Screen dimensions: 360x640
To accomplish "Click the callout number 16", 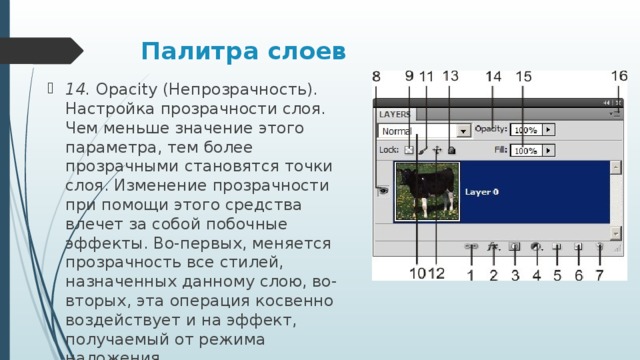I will (619, 77).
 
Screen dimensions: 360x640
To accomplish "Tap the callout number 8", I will (377, 78).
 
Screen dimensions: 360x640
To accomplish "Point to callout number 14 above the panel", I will (494, 77).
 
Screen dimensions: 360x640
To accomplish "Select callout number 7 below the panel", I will (599, 274).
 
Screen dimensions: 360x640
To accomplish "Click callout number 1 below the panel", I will (471, 274).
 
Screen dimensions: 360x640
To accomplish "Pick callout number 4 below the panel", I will (537, 274).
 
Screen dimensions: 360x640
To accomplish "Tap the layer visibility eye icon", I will (384, 190).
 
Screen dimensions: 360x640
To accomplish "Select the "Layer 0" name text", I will (482, 191).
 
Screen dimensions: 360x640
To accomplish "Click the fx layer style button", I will (493, 245).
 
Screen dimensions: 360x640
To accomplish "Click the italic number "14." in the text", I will (77, 89).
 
